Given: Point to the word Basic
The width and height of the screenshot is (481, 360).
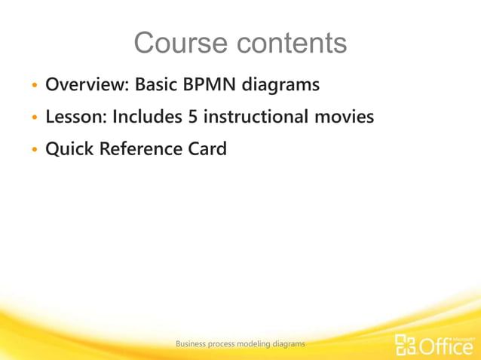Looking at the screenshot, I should click(x=158, y=85).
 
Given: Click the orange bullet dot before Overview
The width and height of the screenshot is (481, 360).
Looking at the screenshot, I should click(x=34, y=87).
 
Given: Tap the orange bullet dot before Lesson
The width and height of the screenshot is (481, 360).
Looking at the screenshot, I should click(x=34, y=119).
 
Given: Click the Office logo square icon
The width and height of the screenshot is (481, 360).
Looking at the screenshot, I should click(x=406, y=344).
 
